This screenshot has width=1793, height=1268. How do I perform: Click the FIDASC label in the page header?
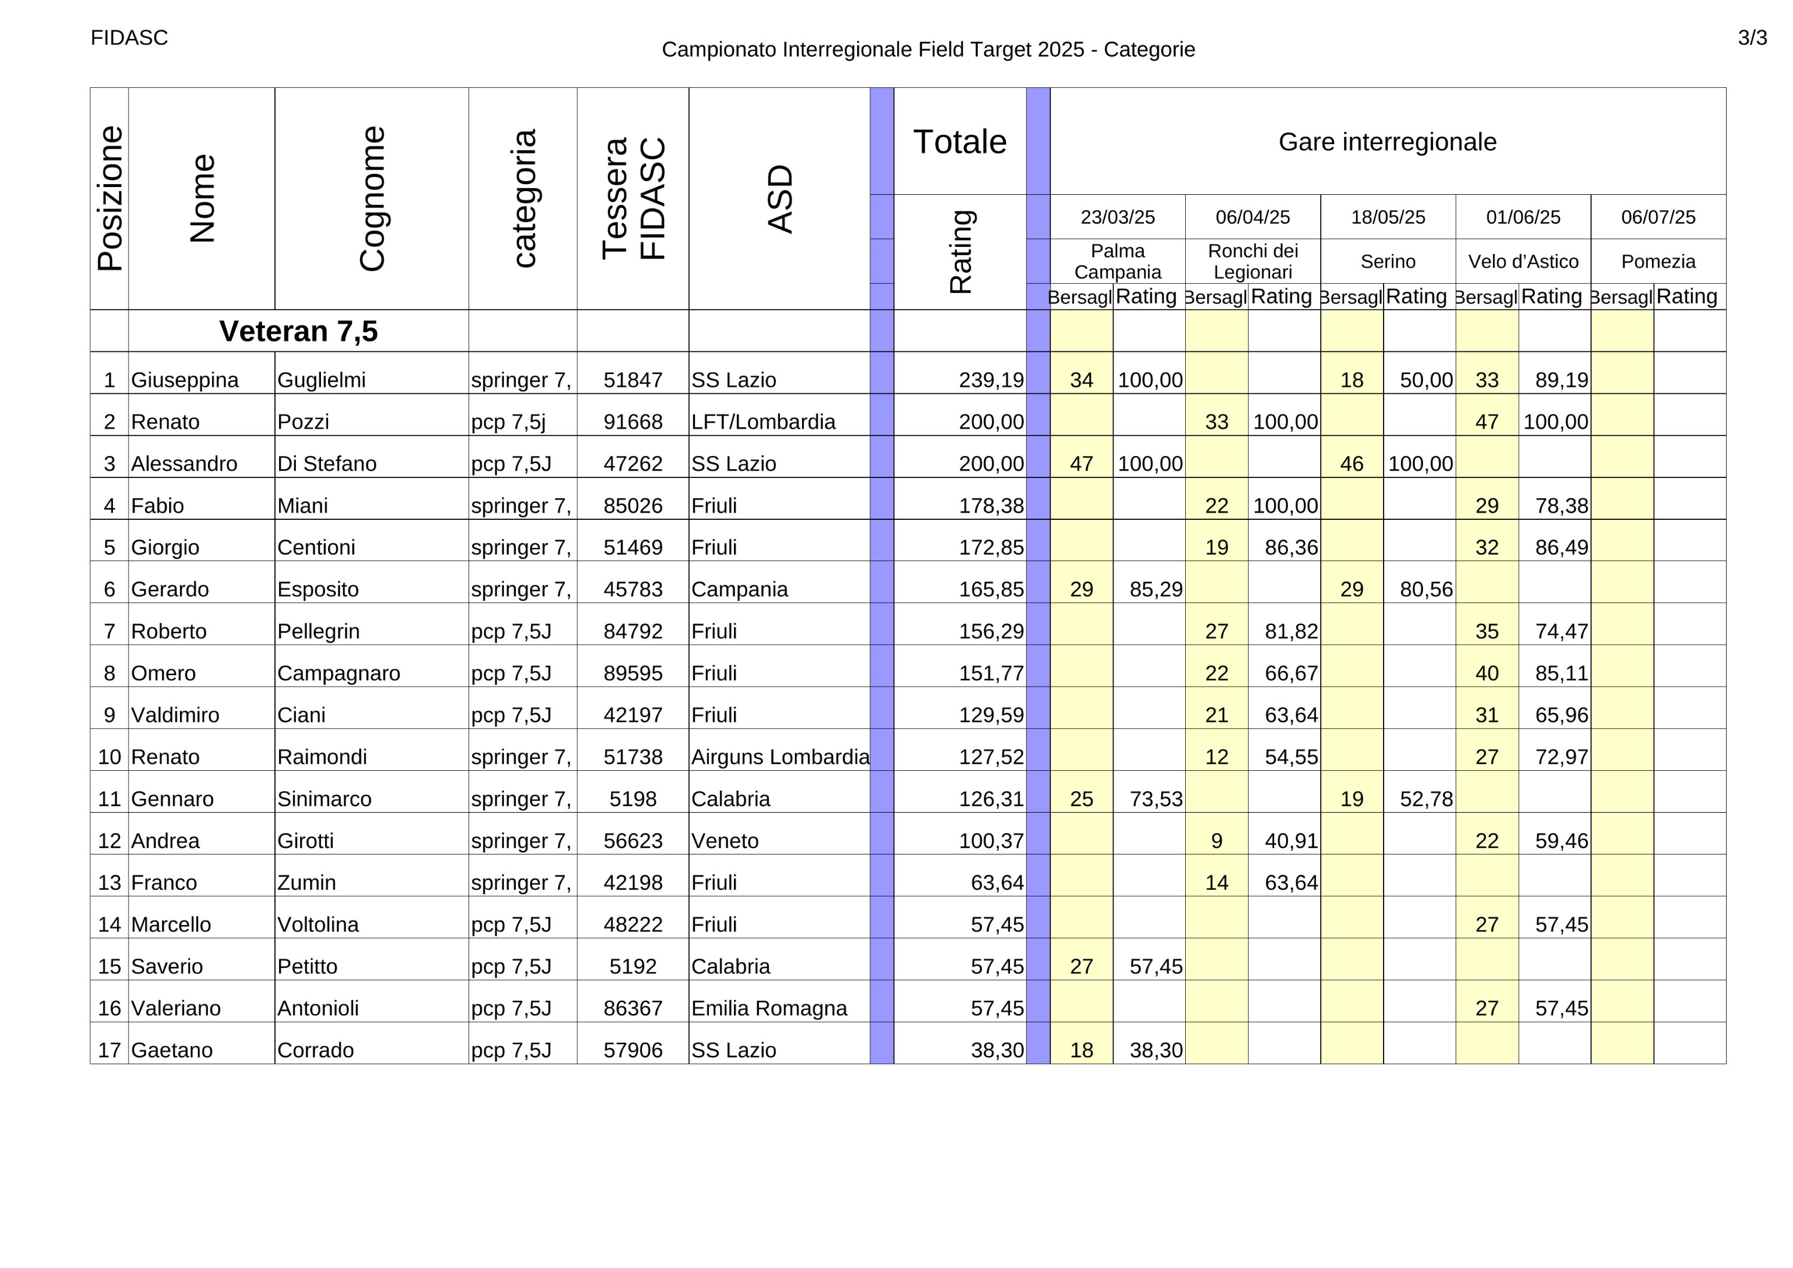(129, 38)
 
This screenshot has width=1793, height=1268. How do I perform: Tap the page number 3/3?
(1752, 38)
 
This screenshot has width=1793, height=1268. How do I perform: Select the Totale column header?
(960, 142)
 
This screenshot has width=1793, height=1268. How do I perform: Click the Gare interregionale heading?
(1388, 142)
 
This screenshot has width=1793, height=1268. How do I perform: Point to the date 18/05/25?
(1388, 217)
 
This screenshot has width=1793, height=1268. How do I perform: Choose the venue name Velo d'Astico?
(1523, 262)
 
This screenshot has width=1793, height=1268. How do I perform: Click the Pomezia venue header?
(1658, 262)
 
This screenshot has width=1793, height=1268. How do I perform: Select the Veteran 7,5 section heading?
(298, 331)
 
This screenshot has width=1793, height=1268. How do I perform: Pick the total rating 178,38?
(991, 506)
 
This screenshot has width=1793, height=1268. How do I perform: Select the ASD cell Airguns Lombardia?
(780, 757)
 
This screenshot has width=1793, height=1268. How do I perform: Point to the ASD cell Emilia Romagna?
(769, 1008)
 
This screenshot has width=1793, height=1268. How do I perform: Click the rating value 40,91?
(1291, 841)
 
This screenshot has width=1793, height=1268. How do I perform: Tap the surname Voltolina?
(318, 924)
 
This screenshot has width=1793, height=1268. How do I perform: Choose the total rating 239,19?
(991, 380)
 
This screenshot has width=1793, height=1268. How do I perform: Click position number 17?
(109, 1050)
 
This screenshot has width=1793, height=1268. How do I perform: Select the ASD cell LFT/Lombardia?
(763, 422)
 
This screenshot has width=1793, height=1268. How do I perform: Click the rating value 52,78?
(1426, 799)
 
